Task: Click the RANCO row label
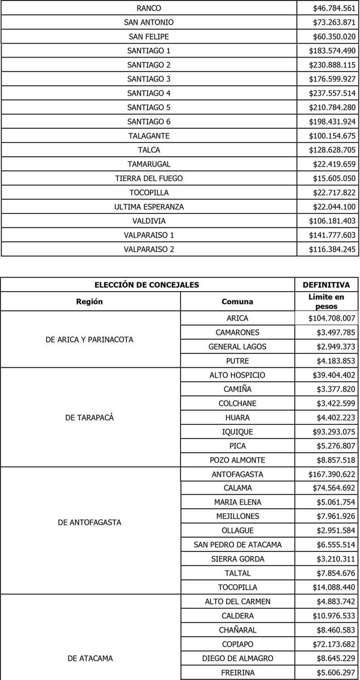[x=149, y=8]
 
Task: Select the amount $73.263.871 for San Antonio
[x=334, y=23]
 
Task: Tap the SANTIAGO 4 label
[x=149, y=93]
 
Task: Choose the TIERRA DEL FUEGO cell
[x=149, y=178]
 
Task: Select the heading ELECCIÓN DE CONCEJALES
[x=147, y=285]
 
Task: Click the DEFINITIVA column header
[x=326, y=285]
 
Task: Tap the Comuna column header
[x=237, y=301]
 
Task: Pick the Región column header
[x=89, y=301]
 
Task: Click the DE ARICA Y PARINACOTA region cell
[x=89, y=339]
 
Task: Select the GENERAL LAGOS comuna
[x=237, y=347]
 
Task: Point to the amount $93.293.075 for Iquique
[x=334, y=432]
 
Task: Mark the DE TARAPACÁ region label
[x=89, y=418]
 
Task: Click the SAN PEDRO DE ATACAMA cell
[x=237, y=545]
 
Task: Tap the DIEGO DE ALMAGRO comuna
[x=237, y=658]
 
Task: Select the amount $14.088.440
[x=334, y=587]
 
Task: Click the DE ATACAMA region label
[x=89, y=658]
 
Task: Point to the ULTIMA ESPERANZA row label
[x=149, y=207]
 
